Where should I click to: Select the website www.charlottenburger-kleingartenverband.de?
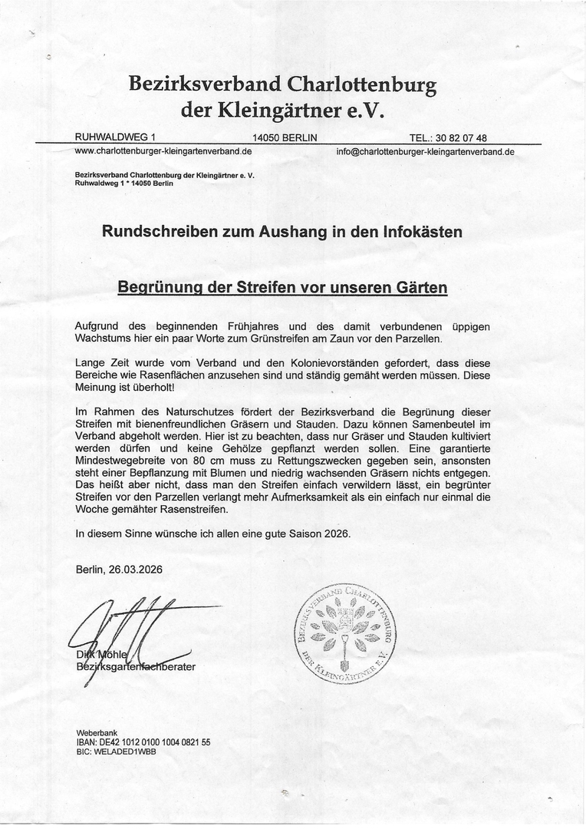point(163,151)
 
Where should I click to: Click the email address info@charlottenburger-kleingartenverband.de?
point(425,152)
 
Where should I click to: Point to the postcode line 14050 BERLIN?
point(285,138)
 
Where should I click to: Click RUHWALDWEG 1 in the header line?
point(115,137)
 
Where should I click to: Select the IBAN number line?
point(143,742)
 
